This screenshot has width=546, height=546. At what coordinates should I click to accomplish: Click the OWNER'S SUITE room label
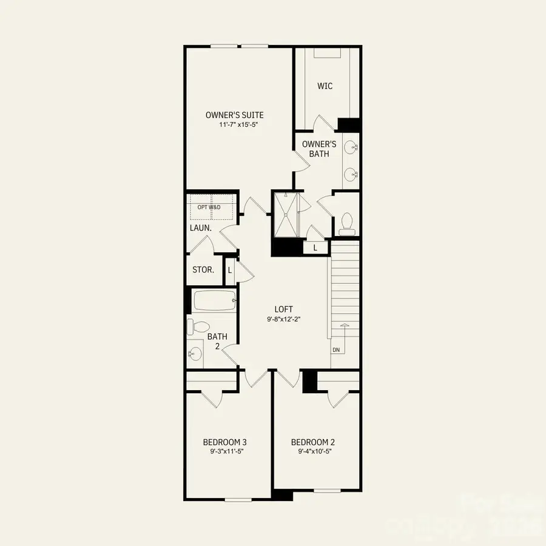(234, 115)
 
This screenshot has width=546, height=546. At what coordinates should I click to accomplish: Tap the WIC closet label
(325, 86)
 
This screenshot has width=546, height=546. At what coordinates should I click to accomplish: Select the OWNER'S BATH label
(319, 149)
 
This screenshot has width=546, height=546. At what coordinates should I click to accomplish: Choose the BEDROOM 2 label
(313, 442)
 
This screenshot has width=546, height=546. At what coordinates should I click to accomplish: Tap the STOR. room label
(203, 269)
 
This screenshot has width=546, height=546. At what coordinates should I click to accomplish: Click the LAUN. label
(200, 228)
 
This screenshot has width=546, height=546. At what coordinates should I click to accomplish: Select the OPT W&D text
(209, 207)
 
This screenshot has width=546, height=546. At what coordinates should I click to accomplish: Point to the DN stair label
(335, 350)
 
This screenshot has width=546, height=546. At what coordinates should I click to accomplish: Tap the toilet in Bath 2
(197, 326)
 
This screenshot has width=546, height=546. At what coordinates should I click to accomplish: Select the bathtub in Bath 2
(214, 300)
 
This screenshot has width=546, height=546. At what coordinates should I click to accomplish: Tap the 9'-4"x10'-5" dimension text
(313, 451)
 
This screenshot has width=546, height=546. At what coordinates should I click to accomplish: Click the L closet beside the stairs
(315, 248)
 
